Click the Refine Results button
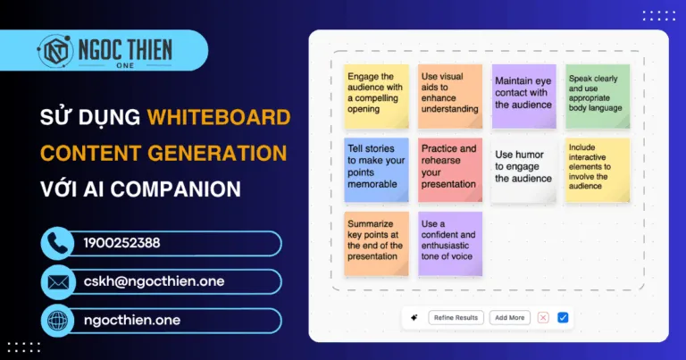[456, 317]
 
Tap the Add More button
[509, 317]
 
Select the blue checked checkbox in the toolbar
[563, 317]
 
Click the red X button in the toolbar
[542, 317]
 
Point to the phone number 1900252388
[122, 243]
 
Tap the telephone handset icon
[59, 244]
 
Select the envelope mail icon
[59, 282]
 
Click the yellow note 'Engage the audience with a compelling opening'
[376, 95]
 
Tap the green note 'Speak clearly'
[597, 95]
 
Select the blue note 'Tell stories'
[376, 169]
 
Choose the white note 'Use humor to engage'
[523, 169]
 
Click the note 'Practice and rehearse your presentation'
[449, 169]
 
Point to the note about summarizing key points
[376, 242]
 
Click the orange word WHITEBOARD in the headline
[218, 117]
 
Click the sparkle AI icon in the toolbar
[414, 317]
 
